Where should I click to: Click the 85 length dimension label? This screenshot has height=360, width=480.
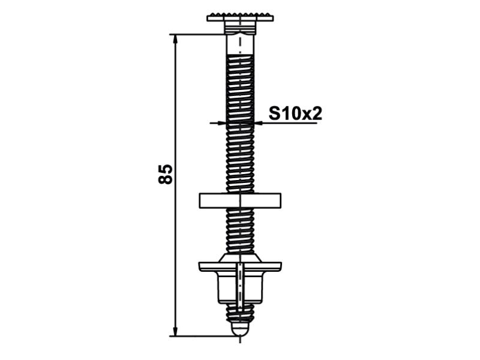pyautogui.click(x=166, y=174)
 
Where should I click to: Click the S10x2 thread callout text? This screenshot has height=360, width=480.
pyautogui.click(x=295, y=113)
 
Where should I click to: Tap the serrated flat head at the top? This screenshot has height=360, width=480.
pyautogui.click(x=240, y=17)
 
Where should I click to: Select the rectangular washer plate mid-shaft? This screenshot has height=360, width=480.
pyautogui.click(x=240, y=201)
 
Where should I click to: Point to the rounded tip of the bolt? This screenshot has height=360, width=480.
pyautogui.click(x=240, y=330)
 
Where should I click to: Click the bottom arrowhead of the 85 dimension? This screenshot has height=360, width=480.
pyautogui.click(x=175, y=330)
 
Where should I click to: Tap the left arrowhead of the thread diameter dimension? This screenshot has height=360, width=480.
pyautogui.click(x=221, y=123)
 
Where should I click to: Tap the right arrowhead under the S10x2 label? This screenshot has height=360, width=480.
pyautogui.click(x=259, y=123)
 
